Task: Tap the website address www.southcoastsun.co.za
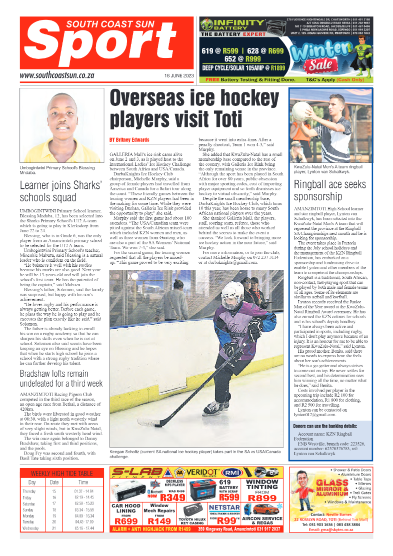pos(57,75)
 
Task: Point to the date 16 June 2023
pos(179,76)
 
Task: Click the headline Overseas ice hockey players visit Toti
pos(195,108)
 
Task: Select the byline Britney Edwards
pos(129,139)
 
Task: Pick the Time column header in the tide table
pos(83,483)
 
